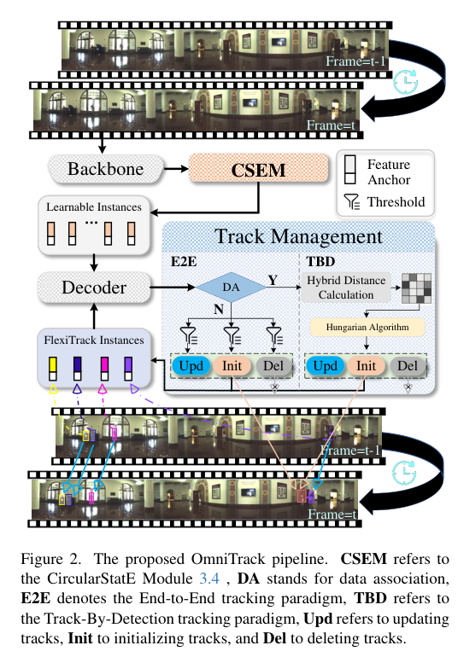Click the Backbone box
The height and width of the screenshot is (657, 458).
point(106,169)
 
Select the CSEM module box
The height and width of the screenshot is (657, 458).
point(259,169)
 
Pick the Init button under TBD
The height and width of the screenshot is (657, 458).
point(367,366)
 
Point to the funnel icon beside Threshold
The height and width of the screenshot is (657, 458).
point(350,203)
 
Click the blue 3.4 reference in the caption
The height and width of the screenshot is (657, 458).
point(197,576)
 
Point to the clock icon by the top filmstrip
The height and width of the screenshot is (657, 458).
point(405,83)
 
